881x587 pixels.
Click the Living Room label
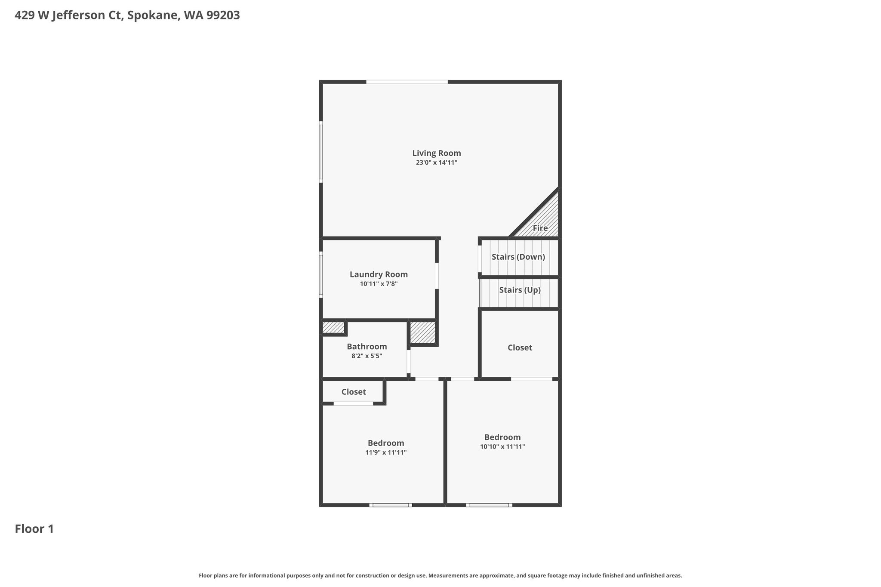437,153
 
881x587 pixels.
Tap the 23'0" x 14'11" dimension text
437,163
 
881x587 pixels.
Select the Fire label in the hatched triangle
540,228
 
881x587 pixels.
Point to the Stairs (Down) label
518,257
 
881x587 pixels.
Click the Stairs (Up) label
520,290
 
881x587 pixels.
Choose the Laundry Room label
379,274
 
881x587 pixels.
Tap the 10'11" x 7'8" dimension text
379,284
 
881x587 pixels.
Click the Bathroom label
367,347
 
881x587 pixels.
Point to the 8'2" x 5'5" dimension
367,356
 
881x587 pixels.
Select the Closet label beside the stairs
520,347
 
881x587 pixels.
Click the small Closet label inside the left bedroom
354,392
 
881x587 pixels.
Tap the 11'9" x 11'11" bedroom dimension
386,452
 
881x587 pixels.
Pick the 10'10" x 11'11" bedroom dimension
502,447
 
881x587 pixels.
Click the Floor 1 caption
34,529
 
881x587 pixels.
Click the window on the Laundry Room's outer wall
321,275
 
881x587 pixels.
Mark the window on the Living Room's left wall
321,152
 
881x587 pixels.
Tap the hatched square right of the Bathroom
422,332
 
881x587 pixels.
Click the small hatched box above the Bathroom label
333,327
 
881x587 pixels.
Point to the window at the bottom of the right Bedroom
489,505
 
